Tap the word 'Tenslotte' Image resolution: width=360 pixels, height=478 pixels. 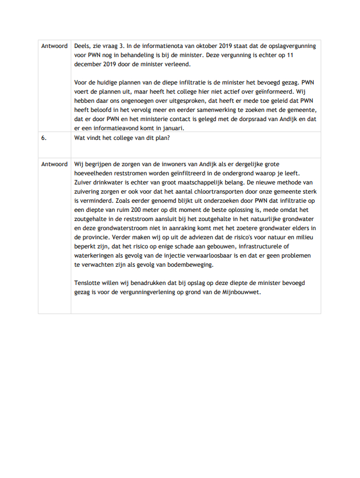click(x=90, y=283)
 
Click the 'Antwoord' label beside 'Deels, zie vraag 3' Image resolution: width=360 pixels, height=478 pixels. click(x=54, y=46)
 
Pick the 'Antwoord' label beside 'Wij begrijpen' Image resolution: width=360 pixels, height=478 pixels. click(x=54, y=164)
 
